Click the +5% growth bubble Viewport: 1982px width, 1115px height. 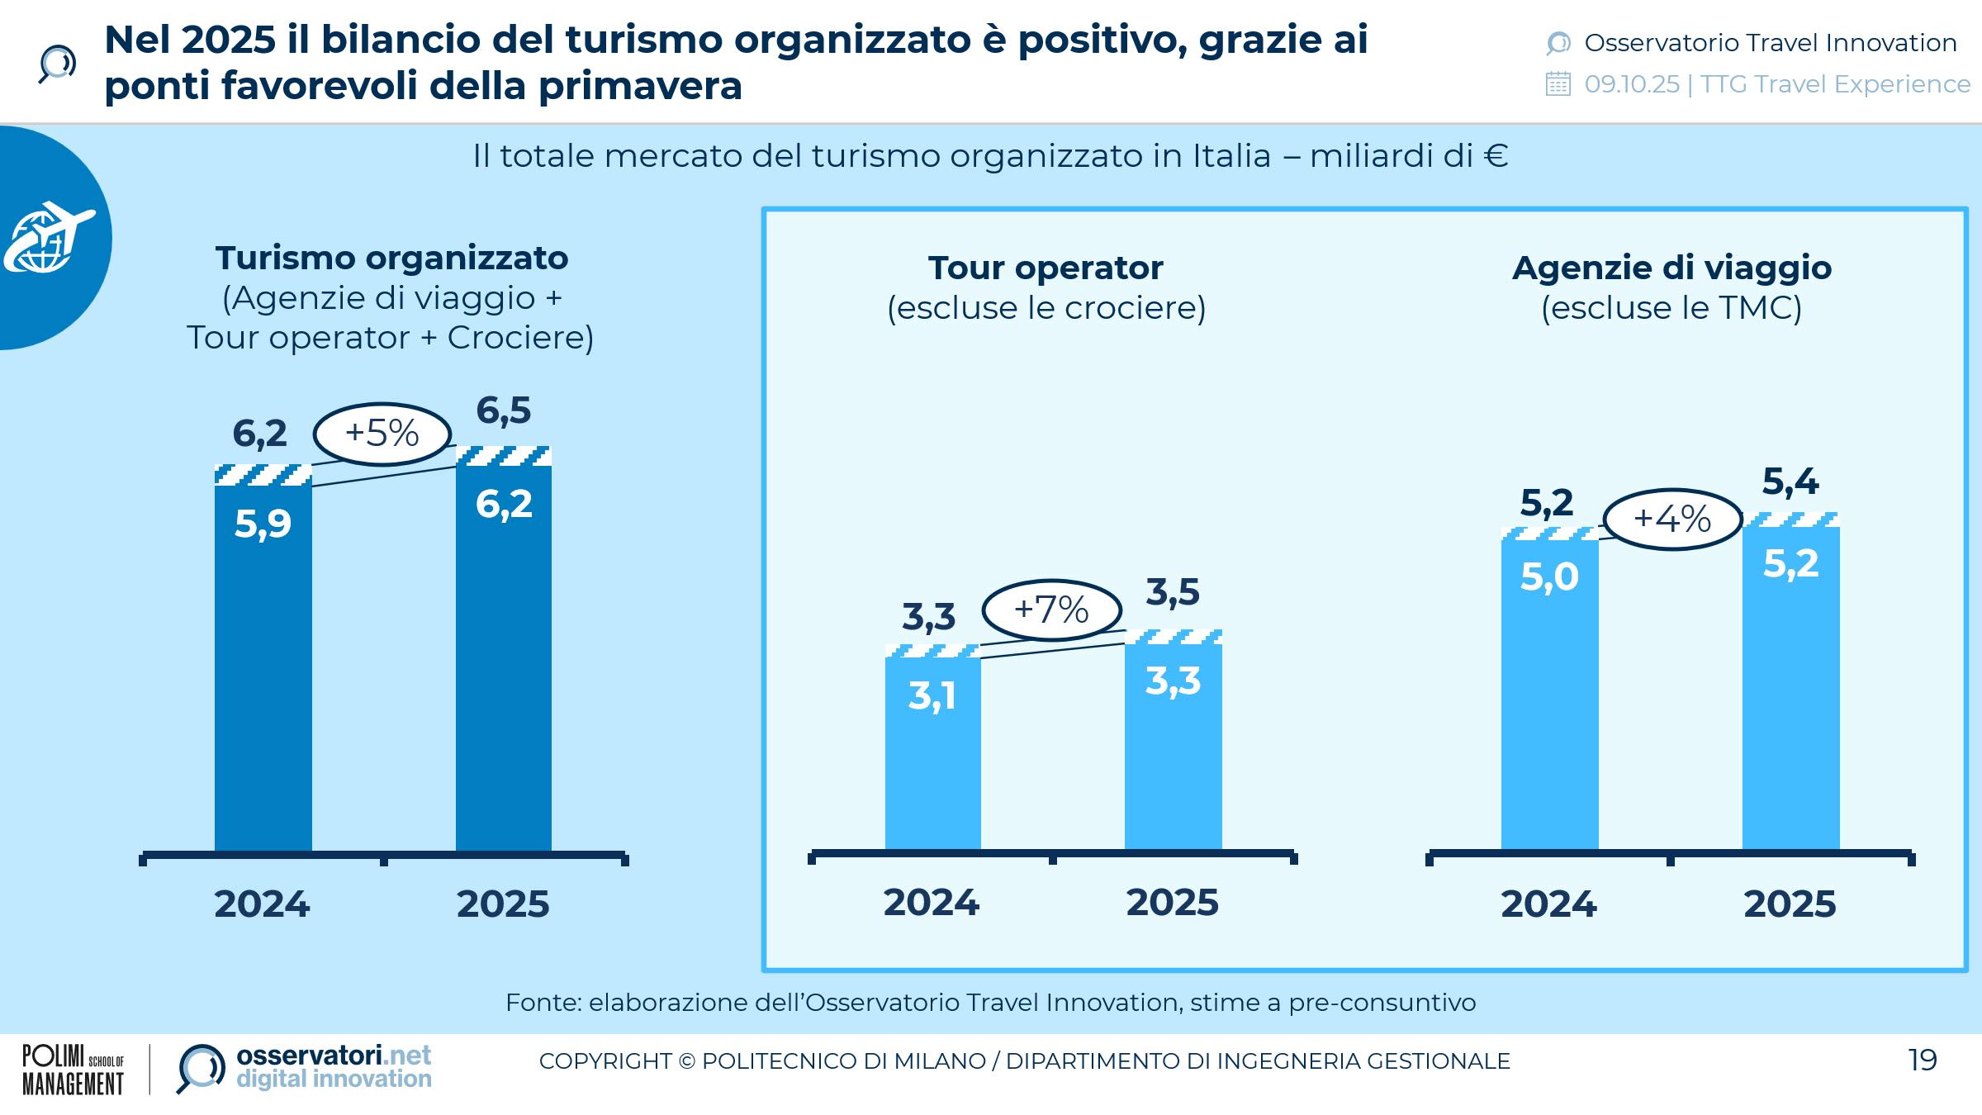pos(382,434)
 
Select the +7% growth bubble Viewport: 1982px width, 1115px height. pos(1051,610)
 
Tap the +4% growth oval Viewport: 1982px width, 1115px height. pos(1672,520)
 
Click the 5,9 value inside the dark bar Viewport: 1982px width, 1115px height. pos(263,524)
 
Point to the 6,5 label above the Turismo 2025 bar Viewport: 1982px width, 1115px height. pos(504,410)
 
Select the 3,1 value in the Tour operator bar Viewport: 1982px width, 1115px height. pos(932,695)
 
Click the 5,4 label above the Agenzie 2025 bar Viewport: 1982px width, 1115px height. pos(1790,482)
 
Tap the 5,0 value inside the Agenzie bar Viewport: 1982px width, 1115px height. pos(1549,576)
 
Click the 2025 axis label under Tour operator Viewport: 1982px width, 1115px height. pos(1173,902)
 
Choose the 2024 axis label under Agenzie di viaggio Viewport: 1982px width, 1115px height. pos(1548,904)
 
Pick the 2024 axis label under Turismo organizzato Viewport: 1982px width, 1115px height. pos(262,904)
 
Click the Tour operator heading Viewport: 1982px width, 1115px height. pos(1046,268)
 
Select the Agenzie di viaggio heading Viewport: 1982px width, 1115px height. pos(1671,268)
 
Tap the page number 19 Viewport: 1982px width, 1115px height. pos(1923,1060)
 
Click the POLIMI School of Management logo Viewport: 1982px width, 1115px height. pos(73,1070)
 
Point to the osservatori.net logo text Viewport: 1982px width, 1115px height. pos(333,1056)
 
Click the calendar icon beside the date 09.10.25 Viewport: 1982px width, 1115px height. pos(1558,84)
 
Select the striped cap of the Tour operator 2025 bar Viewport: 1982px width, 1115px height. pos(1173,637)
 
